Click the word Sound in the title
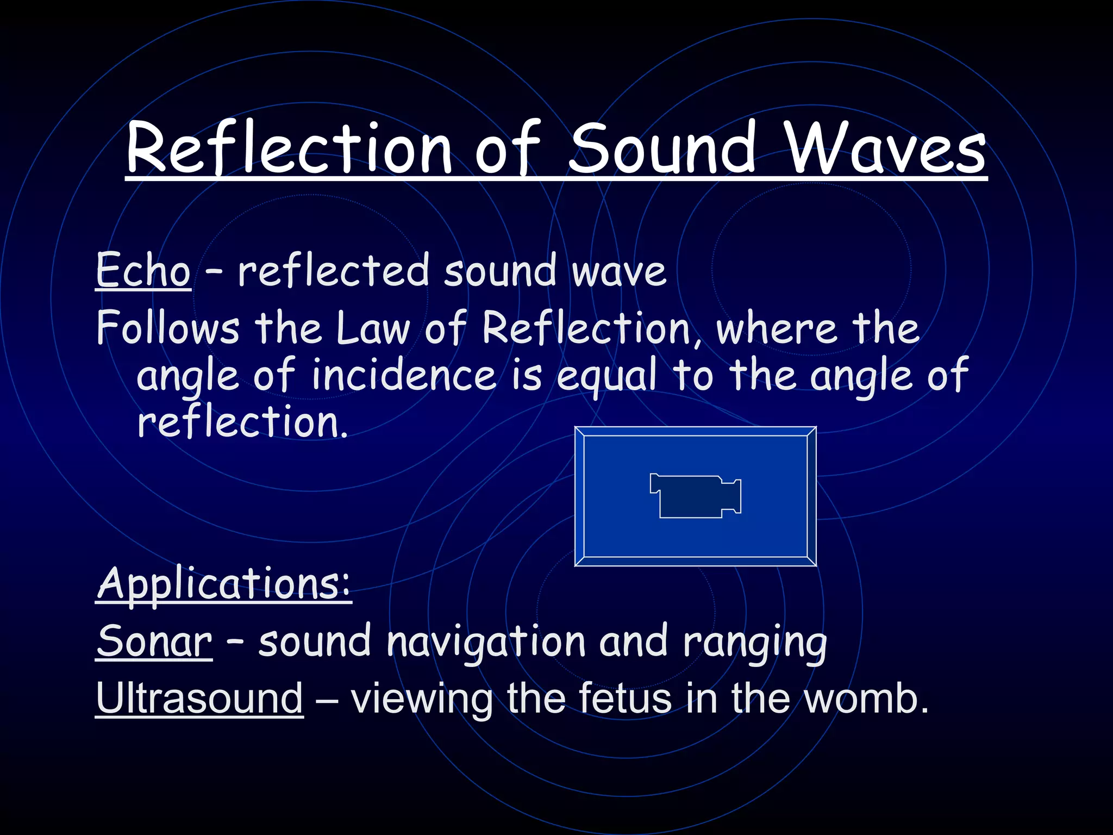[661, 148]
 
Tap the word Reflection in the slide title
[289, 148]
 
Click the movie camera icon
[695, 496]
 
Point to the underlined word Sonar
[154, 641]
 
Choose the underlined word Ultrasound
[199, 698]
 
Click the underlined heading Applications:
[224, 584]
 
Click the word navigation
[486, 641]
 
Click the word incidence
[404, 375]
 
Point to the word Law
[373, 328]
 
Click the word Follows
[168, 328]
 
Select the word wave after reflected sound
[619, 272]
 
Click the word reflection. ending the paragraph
[242, 422]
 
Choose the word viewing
[422, 699]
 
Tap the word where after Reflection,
[776, 328]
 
